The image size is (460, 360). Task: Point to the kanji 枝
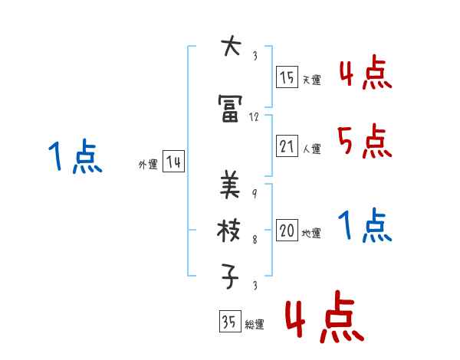click(x=230, y=230)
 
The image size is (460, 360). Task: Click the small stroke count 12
click(x=255, y=117)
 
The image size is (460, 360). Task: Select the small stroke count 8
click(x=254, y=240)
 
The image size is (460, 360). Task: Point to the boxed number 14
click(x=173, y=162)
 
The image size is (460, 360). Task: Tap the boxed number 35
click(x=228, y=322)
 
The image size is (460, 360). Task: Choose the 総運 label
click(x=254, y=325)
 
